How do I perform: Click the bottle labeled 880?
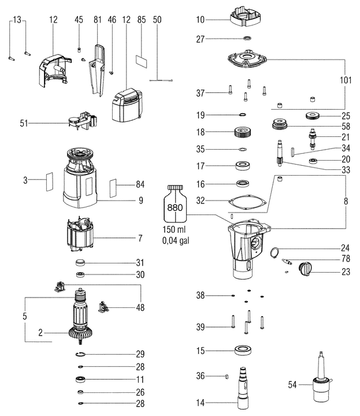click(175, 205)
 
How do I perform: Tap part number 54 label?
click(292, 384)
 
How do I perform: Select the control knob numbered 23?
click(305, 268)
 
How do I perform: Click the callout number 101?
click(345, 81)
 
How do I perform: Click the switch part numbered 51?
click(80, 120)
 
